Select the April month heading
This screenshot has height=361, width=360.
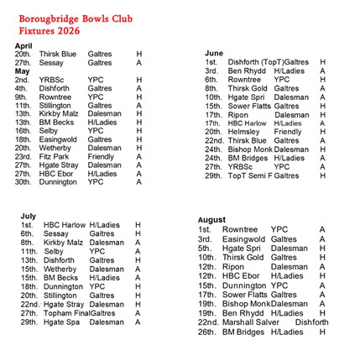tap(23, 45)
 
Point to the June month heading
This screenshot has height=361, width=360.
tap(214, 53)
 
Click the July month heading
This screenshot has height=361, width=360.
tap(29, 216)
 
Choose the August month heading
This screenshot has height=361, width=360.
tap(211, 220)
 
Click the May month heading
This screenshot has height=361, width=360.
tap(22, 71)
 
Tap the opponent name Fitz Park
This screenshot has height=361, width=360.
tap(54, 156)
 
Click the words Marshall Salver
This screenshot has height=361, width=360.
tap(251, 322)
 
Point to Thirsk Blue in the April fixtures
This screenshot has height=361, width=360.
tap(57, 54)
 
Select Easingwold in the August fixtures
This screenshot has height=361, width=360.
tap(243, 238)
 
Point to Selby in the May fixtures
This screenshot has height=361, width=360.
tap(48, 130)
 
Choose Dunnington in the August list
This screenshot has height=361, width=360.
tap(244, 285)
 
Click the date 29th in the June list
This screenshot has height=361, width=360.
tap(212, 175)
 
